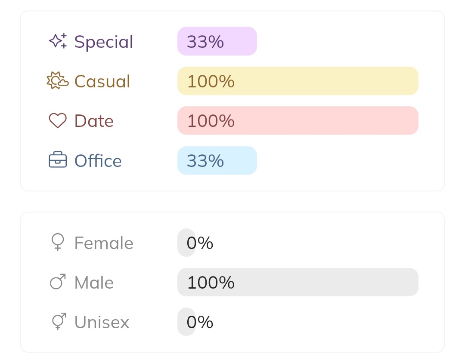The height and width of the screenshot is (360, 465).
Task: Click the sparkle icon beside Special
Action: click(x=58, y=41)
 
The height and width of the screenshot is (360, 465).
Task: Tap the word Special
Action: click(x=104, y=42)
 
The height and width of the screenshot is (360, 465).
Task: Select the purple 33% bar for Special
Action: click(x=217, y=41)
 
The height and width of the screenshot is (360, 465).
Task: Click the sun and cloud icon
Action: click(x=57, y=81)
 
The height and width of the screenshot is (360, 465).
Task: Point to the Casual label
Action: click(x=102, y=81)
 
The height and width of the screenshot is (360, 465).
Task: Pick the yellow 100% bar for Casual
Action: click(x=298, y=81)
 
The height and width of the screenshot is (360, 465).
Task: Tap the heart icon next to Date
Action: click(x=58, y=121)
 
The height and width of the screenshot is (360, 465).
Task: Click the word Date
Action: click(x=94, y=121)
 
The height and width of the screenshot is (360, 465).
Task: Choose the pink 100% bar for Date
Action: click(x=298, y=120)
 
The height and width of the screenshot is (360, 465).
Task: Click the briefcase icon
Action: click(x=58, y=160)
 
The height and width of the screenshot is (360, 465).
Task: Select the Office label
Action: click(x=98, y=161)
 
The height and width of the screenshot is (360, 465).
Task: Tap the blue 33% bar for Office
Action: click(x=217, y=160)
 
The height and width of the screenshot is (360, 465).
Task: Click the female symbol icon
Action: click(x=58, y=242)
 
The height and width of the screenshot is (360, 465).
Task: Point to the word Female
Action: click(x=104, y=243)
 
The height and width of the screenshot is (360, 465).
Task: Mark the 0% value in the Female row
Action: click(x=199, y=243)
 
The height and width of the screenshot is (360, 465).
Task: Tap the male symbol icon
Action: click(x=58, y=282)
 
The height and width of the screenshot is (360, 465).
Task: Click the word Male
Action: click(x=94, y=283)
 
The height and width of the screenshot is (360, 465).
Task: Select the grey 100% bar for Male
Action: click(x=298, y=282)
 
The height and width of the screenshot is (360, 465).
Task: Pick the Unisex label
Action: click(x=102, y=322)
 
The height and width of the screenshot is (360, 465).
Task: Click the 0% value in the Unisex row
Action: click(x=199, y=322)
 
